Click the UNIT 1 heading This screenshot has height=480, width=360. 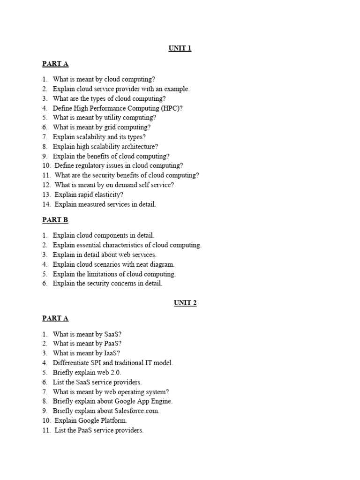click(180, 48)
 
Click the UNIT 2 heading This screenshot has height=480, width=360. click(185, 303)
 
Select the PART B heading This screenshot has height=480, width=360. click(55, 220)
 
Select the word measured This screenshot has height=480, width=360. click(91, 204)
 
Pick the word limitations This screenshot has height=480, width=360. click(103, 274)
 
